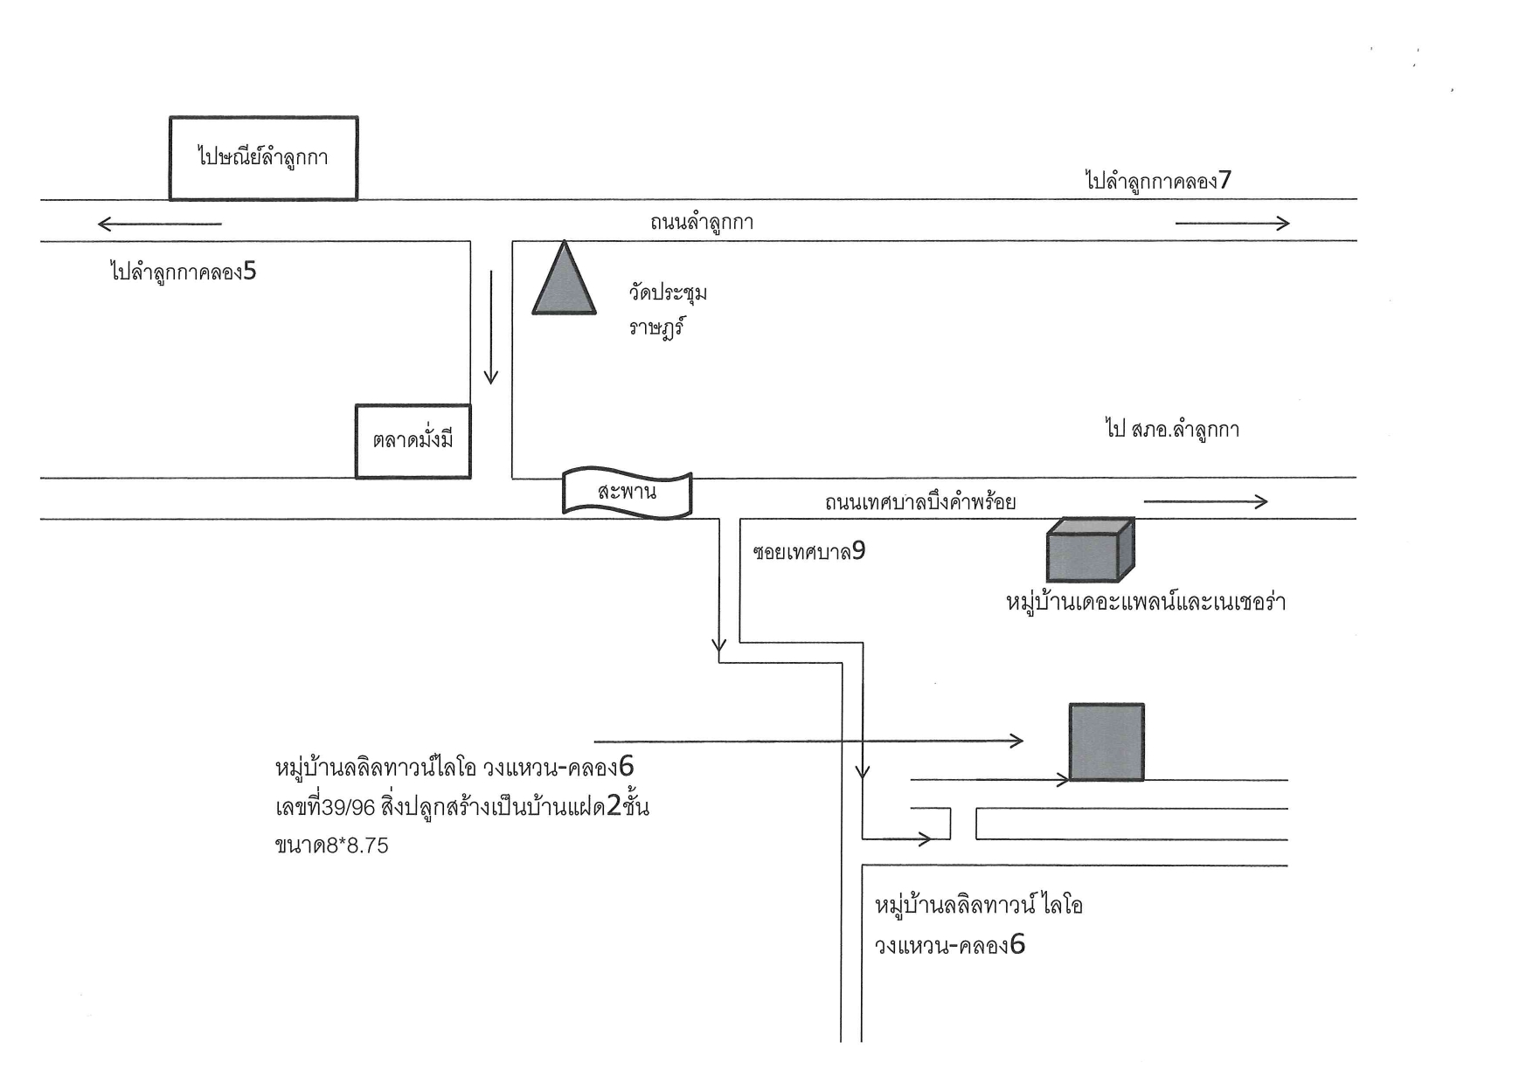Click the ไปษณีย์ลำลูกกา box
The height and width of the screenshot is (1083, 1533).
coord(263,158)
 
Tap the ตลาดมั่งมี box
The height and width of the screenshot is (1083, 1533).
coord(413,441)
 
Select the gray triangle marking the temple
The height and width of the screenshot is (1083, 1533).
coord(565,278)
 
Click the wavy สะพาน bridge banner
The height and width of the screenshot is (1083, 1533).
coord(627,493)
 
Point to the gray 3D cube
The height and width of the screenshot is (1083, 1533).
coord(1090,549)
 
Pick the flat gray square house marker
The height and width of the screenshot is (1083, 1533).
coord(1106,742)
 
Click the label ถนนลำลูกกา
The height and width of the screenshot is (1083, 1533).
coord(702,223)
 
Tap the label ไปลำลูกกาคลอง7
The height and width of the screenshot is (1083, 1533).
coord(1158,182)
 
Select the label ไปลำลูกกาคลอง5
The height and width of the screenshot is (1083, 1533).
coord(184,272)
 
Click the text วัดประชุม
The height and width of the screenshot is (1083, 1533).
coord(668,292)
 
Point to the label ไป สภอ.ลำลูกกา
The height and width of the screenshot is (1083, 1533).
coord(1172,429)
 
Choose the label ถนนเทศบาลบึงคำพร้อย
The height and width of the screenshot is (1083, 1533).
coord(920,502)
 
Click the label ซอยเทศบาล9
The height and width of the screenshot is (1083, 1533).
coord(808,552)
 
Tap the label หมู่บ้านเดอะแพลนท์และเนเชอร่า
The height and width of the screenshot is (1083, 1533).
coord(1146,603)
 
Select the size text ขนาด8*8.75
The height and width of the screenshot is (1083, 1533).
coord(331,845)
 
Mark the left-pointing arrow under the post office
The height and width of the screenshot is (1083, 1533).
coord(159,224)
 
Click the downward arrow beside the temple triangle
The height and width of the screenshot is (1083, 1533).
coord(491,328)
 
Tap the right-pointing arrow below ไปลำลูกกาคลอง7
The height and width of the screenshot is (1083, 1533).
coord(1232,224)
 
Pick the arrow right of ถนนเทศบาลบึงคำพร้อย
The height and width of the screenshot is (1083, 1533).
coord(1205,501)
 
